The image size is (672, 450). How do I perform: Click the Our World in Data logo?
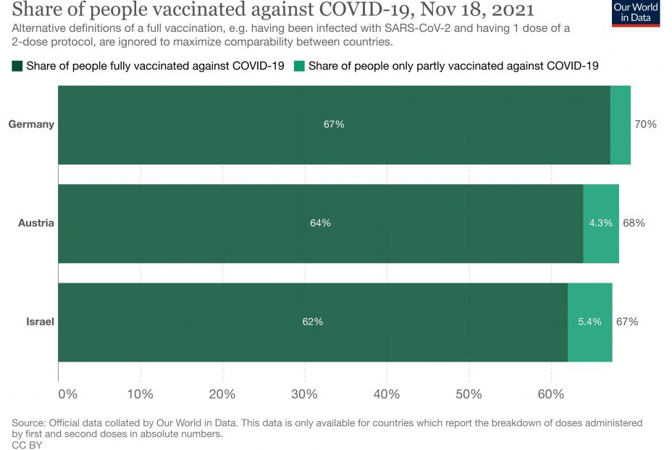(636, 12)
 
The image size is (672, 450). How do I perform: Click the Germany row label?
(31, 124)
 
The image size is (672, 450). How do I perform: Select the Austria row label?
(36, 222)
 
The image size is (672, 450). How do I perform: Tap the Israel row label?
(41, 321)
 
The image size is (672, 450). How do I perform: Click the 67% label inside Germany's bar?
(334, 125)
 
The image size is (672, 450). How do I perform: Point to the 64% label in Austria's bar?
(320, 223)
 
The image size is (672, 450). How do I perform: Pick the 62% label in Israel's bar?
(313, 322)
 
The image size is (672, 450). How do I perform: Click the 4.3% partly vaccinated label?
(600, 223)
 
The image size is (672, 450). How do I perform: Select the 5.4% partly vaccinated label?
(589, 322)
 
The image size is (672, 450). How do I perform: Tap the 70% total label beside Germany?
(645, 124)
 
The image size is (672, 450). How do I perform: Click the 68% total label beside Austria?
(634, 222)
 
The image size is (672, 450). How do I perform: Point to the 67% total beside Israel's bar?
(627, 321)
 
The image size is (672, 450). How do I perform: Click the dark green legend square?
(17, 66)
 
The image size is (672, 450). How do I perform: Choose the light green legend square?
(299, 66)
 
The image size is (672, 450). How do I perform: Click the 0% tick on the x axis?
(67, 394)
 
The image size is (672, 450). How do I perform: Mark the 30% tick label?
(304, 394)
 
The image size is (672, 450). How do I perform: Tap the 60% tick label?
(551, 394)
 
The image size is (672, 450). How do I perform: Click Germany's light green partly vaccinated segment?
(621, 125)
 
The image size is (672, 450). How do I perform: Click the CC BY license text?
(27, 445)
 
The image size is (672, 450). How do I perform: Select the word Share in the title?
(35, 10)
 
